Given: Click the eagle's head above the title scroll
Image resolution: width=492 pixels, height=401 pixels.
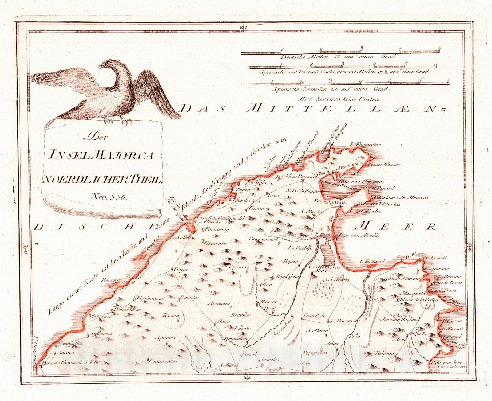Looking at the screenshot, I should tap(106, 64).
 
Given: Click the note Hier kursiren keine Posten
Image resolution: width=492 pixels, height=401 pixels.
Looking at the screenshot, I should tap(340, 99).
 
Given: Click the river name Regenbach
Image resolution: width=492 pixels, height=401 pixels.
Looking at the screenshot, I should tap(283, 327).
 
